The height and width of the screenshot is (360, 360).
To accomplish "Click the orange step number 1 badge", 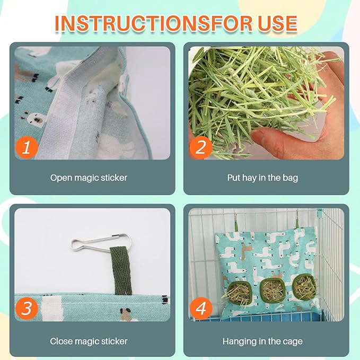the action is click(27, 147).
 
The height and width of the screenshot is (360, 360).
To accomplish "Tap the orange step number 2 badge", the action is click(200, 147).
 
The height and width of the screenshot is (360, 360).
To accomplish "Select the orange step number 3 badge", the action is click(27, 309).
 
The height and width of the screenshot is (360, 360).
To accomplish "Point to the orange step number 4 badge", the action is click(200, 309).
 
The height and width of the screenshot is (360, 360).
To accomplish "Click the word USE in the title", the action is click(278, 23).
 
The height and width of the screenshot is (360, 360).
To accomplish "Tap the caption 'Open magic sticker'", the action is click(89, 178).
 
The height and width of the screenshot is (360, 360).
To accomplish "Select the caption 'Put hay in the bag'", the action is click(262, 178).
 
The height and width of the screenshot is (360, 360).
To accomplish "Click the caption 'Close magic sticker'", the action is click(89, 341).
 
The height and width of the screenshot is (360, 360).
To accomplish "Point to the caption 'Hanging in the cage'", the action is click(262, 341).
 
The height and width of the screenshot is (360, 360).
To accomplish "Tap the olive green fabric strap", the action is click(120, 271).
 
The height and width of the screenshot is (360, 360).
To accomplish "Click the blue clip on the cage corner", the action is click(319, 213).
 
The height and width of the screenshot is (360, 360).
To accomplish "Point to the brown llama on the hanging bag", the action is click(248, 249).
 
